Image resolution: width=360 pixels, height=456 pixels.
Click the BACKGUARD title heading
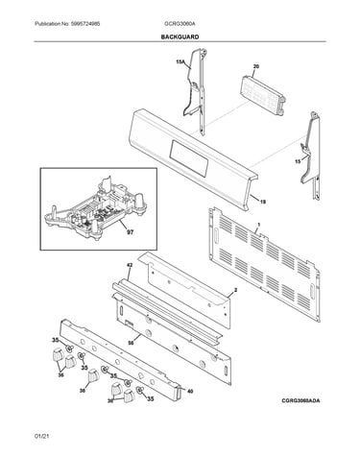[180, 37]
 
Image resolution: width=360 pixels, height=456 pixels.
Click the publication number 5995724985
[85, 24]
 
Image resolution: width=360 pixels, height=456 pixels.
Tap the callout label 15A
[180, 61]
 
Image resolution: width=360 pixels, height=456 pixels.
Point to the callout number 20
[256, 66]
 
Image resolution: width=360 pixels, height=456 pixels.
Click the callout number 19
[262, 202]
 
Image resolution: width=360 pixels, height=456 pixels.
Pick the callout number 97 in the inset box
[130, 232]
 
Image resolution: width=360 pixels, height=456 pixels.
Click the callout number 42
[130, 265]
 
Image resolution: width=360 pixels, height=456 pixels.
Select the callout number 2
[235, 290]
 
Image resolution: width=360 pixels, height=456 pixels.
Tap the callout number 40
[190, 391]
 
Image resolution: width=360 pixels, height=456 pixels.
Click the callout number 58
[131, 343]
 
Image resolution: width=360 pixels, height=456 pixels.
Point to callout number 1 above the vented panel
[258, 225]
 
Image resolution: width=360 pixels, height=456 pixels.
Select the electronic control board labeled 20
[262, 95]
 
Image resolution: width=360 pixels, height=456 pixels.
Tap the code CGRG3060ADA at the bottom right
[300, 400]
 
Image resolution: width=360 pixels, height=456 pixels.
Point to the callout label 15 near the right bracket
[298, 161]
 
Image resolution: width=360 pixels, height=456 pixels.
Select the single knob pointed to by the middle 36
[93, 375]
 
